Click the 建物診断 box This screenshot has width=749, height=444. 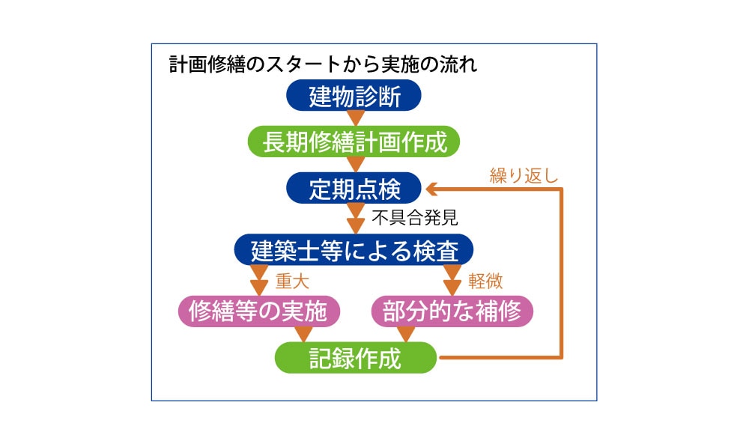[354, 96]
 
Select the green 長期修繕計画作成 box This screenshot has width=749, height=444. [354, 142]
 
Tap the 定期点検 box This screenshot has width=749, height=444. [354, 188]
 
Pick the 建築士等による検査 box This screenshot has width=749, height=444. [354, 249]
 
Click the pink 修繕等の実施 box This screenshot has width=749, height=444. [259, 311]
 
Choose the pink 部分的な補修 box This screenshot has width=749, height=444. [452, 311]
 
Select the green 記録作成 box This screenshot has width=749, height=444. [356, 358]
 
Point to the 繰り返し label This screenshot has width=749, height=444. [524, 176]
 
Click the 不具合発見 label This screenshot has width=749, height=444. [415, 218]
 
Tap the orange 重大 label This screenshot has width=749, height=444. [292, 281]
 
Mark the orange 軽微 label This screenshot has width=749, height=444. [485, 281]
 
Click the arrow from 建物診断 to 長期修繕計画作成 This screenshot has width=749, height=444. [355, 118]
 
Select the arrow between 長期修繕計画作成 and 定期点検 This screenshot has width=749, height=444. [355, 165]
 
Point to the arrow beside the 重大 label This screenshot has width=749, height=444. [259, 280]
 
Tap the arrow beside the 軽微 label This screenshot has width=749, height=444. [452, 280]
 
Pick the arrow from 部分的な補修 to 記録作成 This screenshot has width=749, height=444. [406, 334]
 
